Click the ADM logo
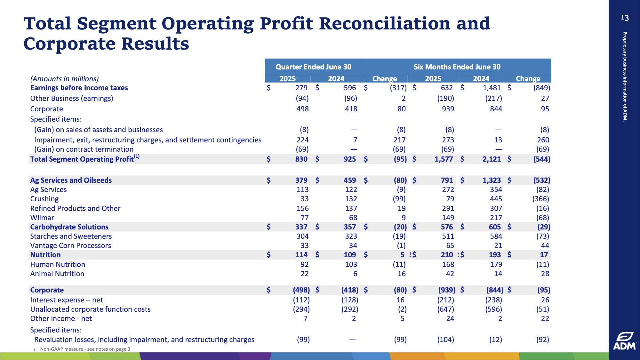pyautogui.click(x=624, y=341)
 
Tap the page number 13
pyautogui.click(x=625, y=18)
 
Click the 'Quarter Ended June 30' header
pyautogui.click(x=313, y=67)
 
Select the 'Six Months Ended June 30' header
pyautogui.click(x=457, y=67)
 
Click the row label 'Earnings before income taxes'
pyautogui.click(x=79, y=88)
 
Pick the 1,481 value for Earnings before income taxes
pyautogui.click(x=492, y=88)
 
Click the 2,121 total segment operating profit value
pyautogui.click(x=492, y=159)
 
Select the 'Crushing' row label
pyautogui.click(x=44, y=199)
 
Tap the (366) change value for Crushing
pyautogui.click(x=541, y=199)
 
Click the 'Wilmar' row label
pyautogui.click(x=42, y=218)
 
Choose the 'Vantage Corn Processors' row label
pyautogui.click(x=71, y=245)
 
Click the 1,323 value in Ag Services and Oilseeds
pyautogui.click(x=492, y=180)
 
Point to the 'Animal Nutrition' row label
pyautogui.click(x=57, y=274)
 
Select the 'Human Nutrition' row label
pyautogui.click(x=58, y=264)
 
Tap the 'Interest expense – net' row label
pyautogui.click(x=67, y=300)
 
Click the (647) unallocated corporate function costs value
pyautogui.click(x=446, y=309)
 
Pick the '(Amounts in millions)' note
pyautogui.click(x=65, y=79)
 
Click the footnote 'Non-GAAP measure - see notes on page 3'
pyautogui.click(x=85, y=349)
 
